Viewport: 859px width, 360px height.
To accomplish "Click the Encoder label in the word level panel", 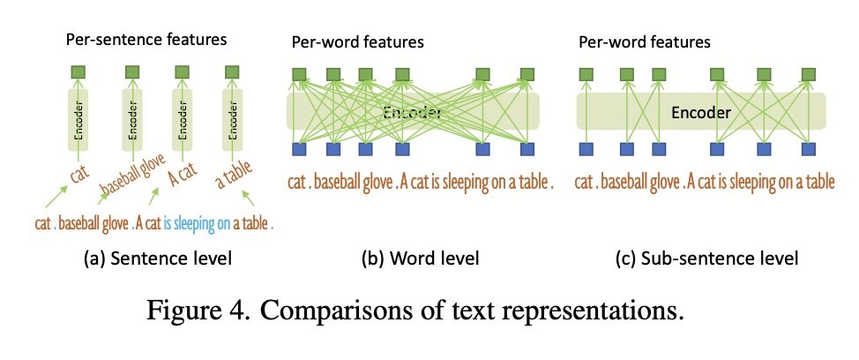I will (413, 114).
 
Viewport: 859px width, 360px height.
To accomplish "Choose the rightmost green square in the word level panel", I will (527, 75).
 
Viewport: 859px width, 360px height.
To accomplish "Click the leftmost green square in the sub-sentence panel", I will (586, 75).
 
